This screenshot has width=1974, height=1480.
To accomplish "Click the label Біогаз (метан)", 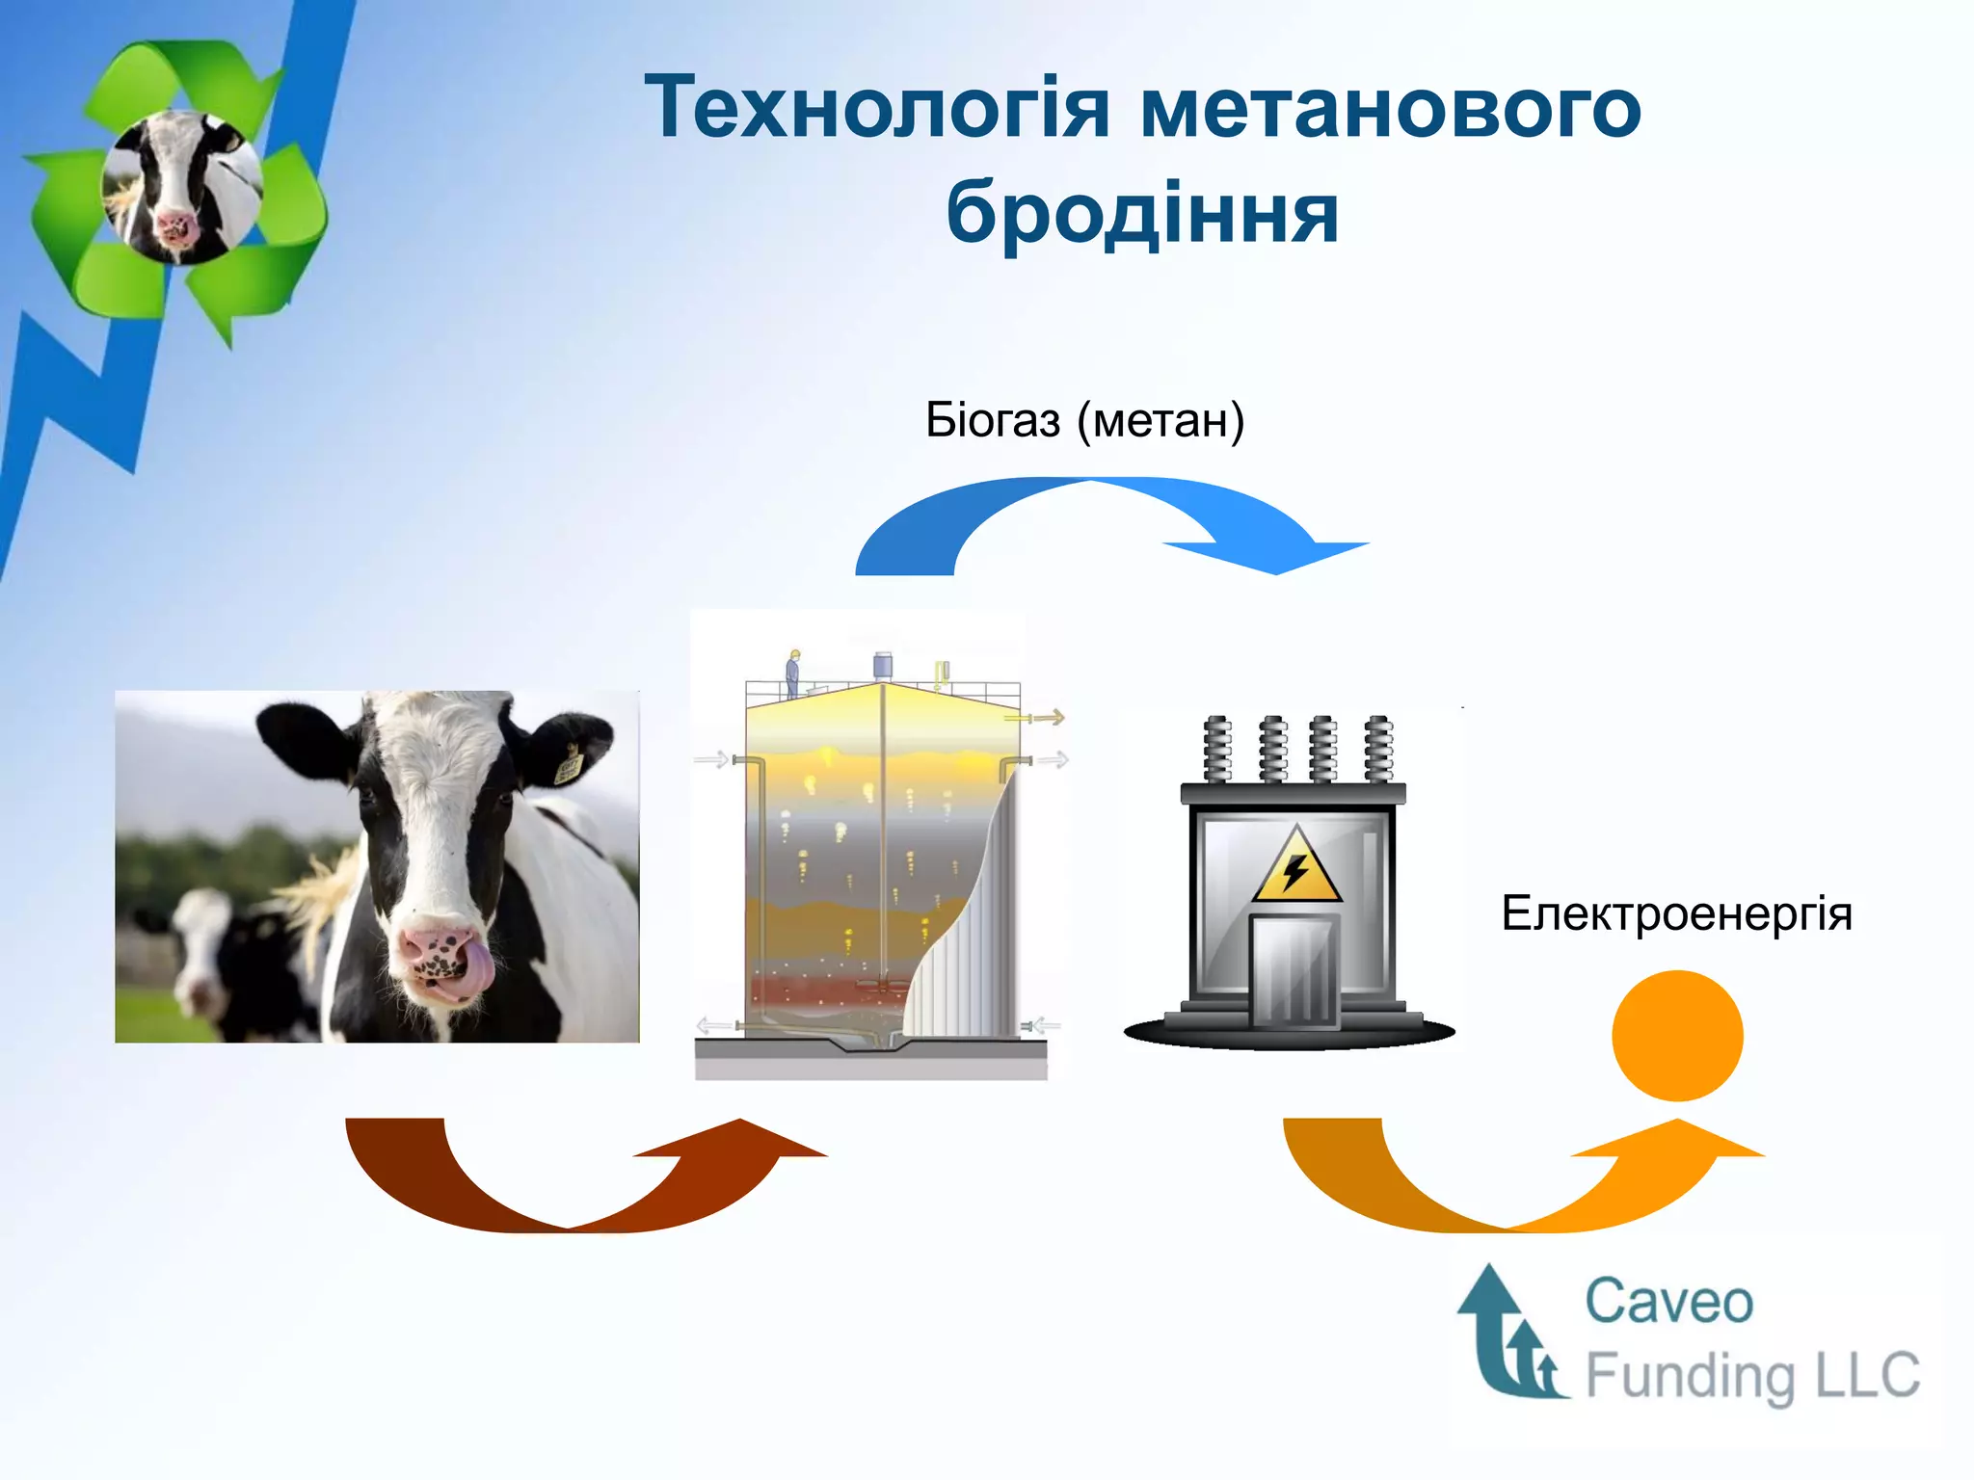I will point(1084,420).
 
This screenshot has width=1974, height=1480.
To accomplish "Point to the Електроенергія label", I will point(1676,912).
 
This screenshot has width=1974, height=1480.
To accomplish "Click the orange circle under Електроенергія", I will point(1677,1036).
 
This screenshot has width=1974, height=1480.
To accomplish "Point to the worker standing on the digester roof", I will point(793,673).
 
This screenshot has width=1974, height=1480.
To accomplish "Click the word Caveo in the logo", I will point(1668,1302).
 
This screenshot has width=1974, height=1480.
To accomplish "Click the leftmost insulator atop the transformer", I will point(1217,749).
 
